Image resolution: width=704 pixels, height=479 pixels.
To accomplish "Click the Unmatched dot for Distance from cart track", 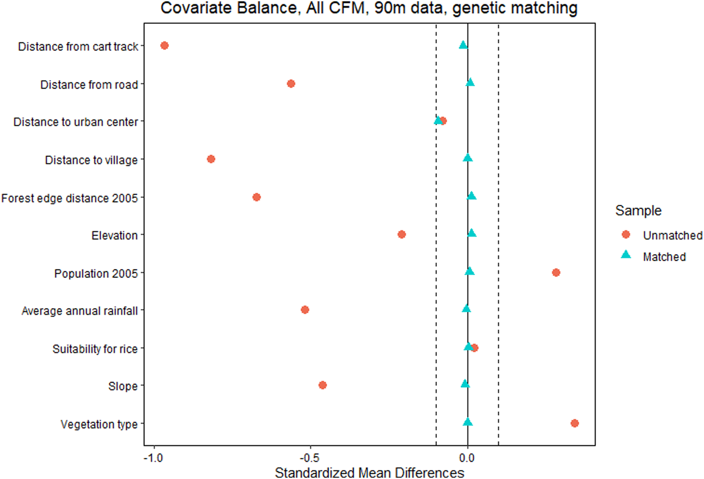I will [x=164, y=46].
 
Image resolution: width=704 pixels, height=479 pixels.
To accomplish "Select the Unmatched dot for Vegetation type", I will [x=574, y=423].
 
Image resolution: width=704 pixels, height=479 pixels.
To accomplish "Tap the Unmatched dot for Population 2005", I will [x=556, y=272].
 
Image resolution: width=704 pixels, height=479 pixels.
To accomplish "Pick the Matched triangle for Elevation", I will [x=472, y=233].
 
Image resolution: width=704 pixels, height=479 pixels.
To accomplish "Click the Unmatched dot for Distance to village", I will [x=211, y=159].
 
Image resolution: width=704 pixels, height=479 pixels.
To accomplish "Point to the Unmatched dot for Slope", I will [x=322, y=385].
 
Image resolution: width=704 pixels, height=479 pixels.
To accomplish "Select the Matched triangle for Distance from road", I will [x=470, y=83].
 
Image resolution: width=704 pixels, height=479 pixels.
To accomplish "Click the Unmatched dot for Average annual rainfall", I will [x=305, y=310].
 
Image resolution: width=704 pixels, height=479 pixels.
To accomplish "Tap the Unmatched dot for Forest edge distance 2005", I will [x=257, y=197].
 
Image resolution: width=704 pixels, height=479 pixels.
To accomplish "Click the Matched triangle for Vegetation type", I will [x=467, y=422].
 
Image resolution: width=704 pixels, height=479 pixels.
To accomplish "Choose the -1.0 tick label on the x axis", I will [x=153, y=458].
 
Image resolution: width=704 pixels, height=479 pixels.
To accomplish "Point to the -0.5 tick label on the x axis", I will [x=310, y=458].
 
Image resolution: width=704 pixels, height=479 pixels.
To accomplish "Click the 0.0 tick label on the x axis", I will [x=467, y=458].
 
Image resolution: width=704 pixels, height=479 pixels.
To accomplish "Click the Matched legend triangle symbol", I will [x=626, y=255].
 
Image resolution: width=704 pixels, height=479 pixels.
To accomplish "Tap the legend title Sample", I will [x=638, y=210].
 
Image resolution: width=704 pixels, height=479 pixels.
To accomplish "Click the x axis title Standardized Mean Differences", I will [x=369, y=472].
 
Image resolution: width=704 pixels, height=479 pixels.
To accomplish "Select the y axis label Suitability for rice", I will [x=95, y=349].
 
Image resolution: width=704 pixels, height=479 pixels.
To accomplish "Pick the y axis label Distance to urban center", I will [x=76, y=122].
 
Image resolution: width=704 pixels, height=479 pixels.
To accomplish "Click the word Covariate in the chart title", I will [x=192, y=8].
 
